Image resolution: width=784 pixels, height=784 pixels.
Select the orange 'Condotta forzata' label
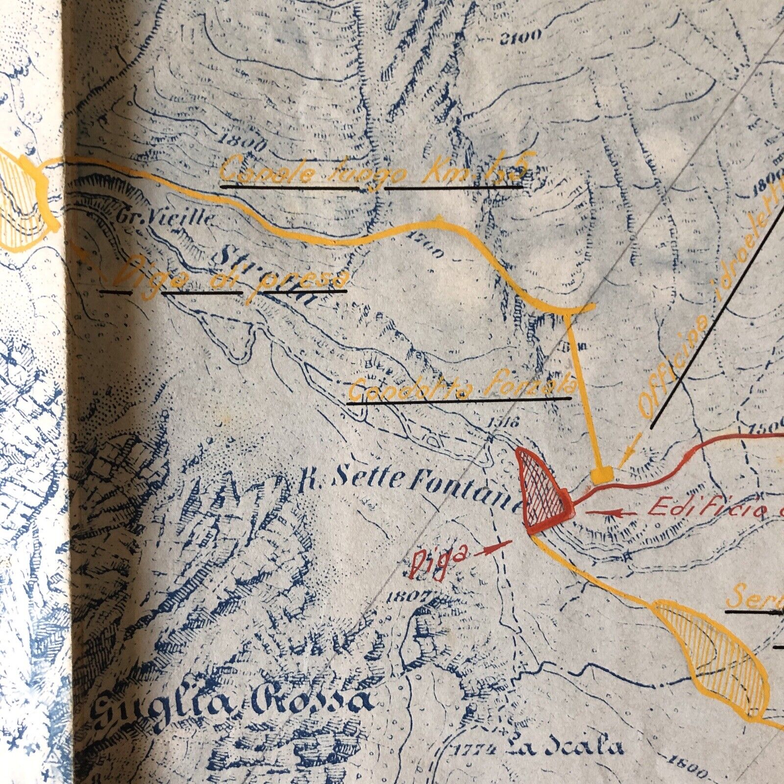point(461,390)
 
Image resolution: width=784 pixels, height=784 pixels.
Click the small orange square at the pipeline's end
point(602,474)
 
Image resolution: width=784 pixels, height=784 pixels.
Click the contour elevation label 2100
point(520,36)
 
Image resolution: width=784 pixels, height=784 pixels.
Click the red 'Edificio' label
point(706,509)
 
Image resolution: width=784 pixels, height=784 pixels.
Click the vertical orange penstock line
point(583,387)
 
